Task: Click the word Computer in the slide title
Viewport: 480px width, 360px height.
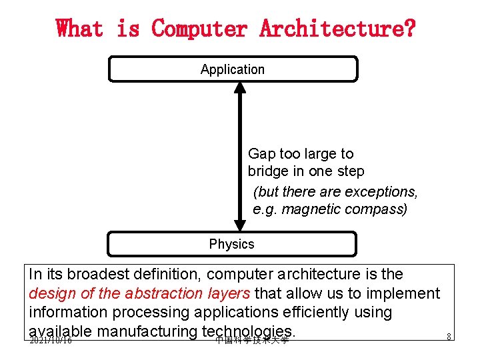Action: (199, 29)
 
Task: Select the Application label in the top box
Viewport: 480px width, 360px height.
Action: (232, 69)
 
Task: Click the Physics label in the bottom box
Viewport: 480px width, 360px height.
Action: (231, 244)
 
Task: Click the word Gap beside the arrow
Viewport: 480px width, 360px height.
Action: (261, 154)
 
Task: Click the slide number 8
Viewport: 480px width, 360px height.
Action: (449, 337)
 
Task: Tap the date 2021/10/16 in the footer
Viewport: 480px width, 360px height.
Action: (50, 340)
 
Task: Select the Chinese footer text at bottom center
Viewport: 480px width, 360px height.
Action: (252, 340)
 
